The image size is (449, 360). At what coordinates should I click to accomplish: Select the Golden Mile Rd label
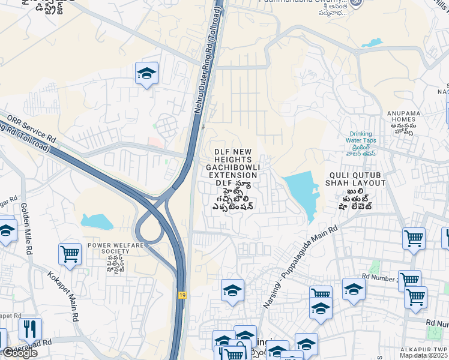(x=26, y=229)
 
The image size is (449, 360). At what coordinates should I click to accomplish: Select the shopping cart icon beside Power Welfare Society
(x=70, y=254)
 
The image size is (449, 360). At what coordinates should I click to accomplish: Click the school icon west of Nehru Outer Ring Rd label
(x=146, y=74)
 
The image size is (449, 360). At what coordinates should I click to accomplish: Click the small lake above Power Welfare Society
(x=97, y=221)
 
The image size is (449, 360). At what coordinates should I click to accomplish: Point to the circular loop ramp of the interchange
(x=148, y=229)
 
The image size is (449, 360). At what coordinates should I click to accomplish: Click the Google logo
(x=19, y=352)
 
